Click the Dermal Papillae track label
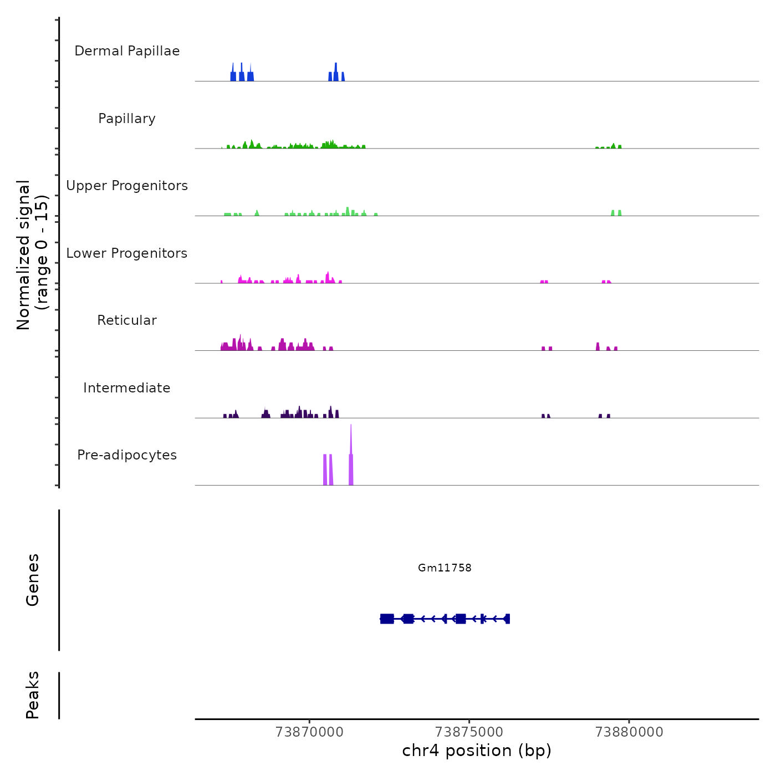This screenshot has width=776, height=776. [x=127, y=51]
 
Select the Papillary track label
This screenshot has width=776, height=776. [x=127, y=119]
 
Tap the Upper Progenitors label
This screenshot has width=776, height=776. [x=127, y=186]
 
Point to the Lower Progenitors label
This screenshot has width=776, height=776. [x=127, y=253]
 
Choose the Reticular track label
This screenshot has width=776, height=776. [x=127, y=320]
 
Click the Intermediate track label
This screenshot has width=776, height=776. [x=127, y=388]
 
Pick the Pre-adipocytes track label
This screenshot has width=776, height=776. [x=127, y=455]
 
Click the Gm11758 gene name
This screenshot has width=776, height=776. [x=445, y=568]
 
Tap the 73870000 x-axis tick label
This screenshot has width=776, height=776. [x=309, y=732]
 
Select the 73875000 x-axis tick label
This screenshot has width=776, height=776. [x=469, y=732]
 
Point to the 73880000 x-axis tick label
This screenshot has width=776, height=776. [x=629, y=732]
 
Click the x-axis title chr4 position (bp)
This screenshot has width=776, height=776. [x=477, y=751]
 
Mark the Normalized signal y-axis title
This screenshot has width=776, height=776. [x=32, y=255]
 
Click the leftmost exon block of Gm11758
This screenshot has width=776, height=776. [x=387, y=619]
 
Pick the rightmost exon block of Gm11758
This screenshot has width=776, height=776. [x=507, y=619]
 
